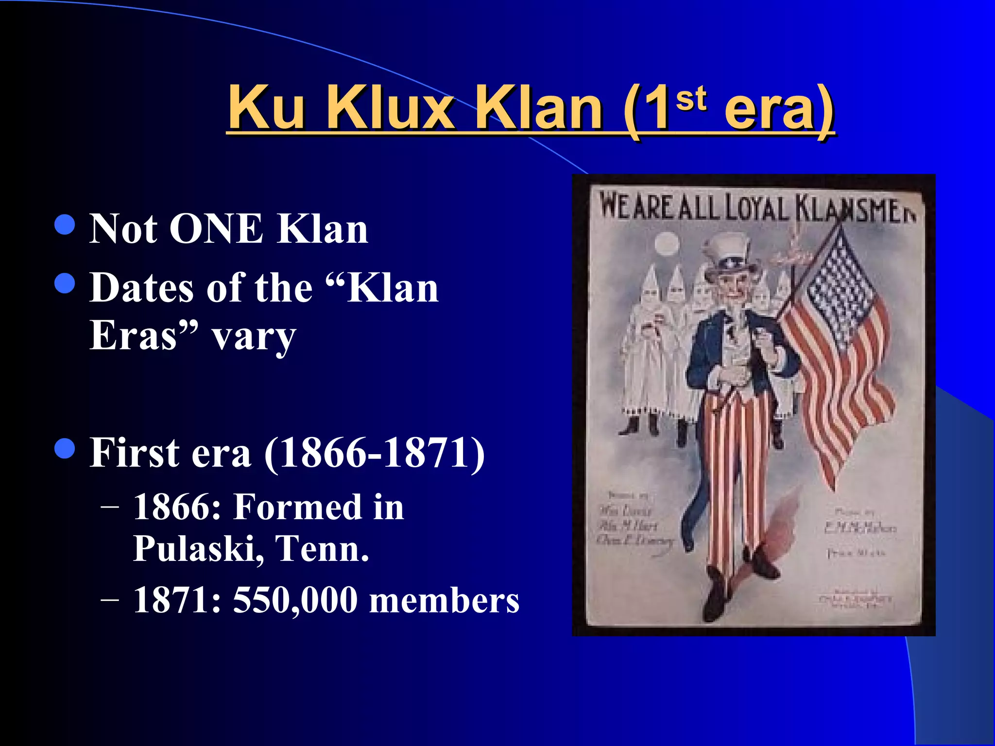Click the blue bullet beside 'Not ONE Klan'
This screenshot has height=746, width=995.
point(65,224)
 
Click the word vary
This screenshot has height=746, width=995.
point(254,336)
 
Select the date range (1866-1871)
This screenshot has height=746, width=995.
point(374,453)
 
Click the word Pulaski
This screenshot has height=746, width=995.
point(198,548)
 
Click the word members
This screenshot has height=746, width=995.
point(444,601)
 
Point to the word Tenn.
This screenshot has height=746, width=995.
point(322,548)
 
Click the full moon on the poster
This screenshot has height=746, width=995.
point(667,243)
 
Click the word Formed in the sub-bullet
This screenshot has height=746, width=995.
point(298,507)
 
